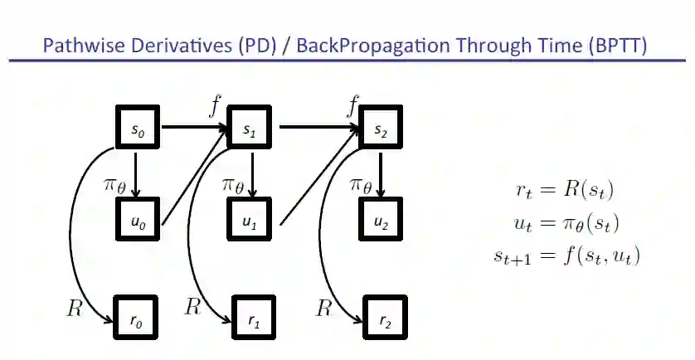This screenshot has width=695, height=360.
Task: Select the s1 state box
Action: point(250,129)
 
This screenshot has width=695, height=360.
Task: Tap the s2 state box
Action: point(381,129)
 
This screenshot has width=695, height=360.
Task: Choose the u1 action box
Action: point(250,221)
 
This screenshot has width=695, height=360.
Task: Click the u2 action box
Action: point(381,221)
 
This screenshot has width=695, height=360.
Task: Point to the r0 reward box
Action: point(136,318)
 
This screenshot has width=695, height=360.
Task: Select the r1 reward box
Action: point(250,318)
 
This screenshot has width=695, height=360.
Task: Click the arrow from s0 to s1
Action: point(192,129)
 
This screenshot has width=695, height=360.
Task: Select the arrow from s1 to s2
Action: point(318,129)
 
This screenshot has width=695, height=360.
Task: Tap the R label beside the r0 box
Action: point(75,309)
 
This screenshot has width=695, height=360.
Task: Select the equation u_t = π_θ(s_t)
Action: point(566,223)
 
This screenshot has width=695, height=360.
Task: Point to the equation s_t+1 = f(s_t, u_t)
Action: point(566,255)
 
